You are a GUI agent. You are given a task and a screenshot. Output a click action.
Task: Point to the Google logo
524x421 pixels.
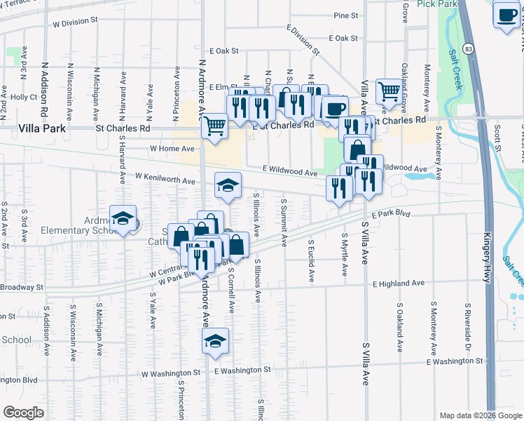point(24,413)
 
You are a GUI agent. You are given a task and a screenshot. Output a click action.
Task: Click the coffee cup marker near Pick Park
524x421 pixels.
point(506,15)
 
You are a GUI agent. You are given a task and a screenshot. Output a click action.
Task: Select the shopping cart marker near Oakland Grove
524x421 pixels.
point(389,91)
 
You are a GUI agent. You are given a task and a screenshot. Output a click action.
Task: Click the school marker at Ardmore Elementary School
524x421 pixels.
point(123,217)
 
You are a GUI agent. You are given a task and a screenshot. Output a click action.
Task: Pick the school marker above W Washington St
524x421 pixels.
point(215,340)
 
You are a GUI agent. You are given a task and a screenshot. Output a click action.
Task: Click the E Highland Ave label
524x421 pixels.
point(399,283)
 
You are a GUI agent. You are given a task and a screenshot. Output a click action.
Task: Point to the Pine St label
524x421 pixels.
point(346,15)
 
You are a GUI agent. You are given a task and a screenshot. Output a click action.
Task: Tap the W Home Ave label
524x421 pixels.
point(172,149)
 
